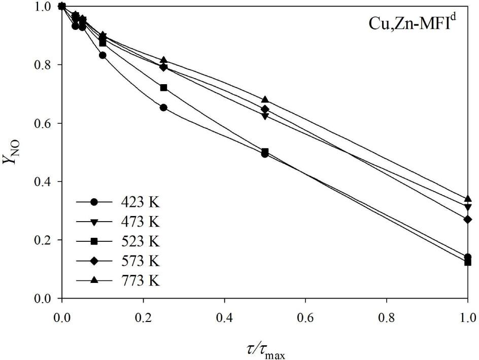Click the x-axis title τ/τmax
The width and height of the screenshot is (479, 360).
pos(264,349)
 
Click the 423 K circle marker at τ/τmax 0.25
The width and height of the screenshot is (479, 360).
pos(163,107)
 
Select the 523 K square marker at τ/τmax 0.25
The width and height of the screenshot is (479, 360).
pos(163,88)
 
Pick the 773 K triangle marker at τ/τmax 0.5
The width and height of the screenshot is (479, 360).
pos(265,99)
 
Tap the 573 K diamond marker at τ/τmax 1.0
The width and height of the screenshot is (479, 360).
pos(467,220)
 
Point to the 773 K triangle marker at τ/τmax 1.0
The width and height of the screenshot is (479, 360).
pos(467,199)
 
